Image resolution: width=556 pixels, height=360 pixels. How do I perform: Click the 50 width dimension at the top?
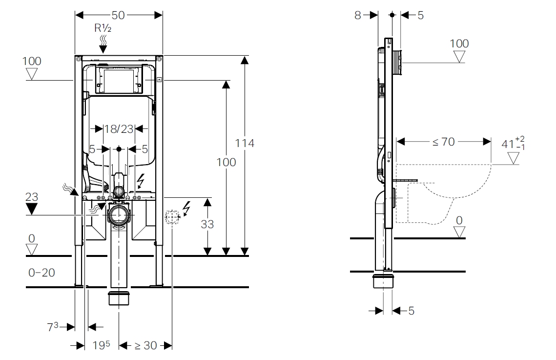[x=119, y=15]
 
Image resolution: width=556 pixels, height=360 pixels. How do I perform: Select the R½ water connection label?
[x=103, y=28]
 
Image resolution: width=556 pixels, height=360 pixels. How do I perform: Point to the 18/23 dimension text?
[x=119, y=129]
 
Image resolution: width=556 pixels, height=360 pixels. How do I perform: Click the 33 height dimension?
[x=207, y=224]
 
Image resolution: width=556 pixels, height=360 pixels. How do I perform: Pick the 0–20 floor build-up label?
[x=41, y=273]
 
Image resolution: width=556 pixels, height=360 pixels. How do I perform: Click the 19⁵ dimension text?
[x=101, y=345]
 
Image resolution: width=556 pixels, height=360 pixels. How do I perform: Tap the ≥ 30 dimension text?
[x=145, y=345]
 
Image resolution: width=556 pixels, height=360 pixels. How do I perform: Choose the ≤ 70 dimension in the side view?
[x=443, y=142]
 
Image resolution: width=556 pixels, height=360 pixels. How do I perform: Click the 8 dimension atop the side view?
[x=358, y=15]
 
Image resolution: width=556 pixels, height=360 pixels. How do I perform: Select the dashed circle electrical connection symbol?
[x=172, y=216]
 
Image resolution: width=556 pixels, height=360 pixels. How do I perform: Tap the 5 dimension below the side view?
[x=411, y=311]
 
